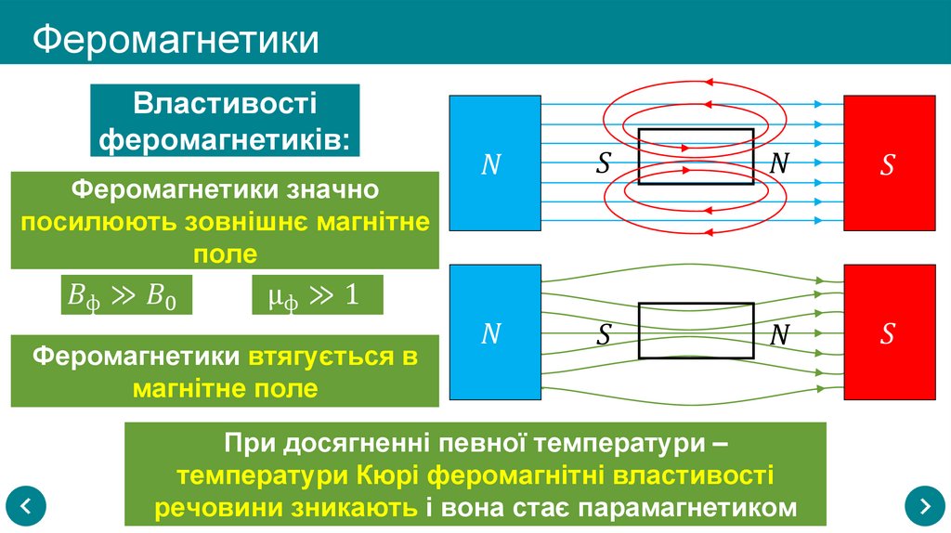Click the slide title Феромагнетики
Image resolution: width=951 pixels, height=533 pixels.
point(176,41)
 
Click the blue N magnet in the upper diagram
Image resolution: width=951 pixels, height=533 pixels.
point(494,163)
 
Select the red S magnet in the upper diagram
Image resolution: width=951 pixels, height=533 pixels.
point(888,163)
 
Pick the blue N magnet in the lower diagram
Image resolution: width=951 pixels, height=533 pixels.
point(494,333)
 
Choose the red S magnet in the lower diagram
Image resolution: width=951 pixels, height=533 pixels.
point(888,333)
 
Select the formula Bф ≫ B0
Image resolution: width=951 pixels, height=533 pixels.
point(122,296)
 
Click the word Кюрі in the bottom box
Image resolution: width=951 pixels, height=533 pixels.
point(387,476)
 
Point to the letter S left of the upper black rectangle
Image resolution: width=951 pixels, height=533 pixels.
point(604,164)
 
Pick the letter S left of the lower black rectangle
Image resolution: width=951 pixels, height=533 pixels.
point(604,334)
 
